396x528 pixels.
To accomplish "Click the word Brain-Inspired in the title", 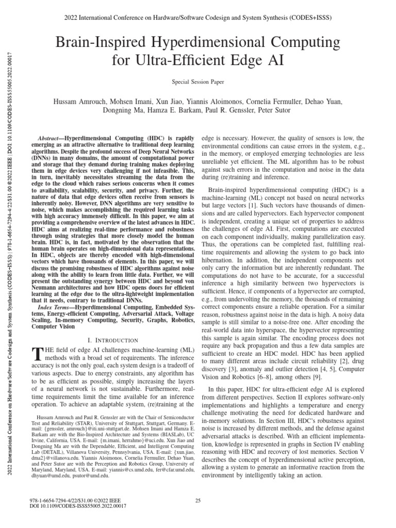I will tap(105, 42).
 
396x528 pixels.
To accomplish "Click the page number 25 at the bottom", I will tap(198, 500).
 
